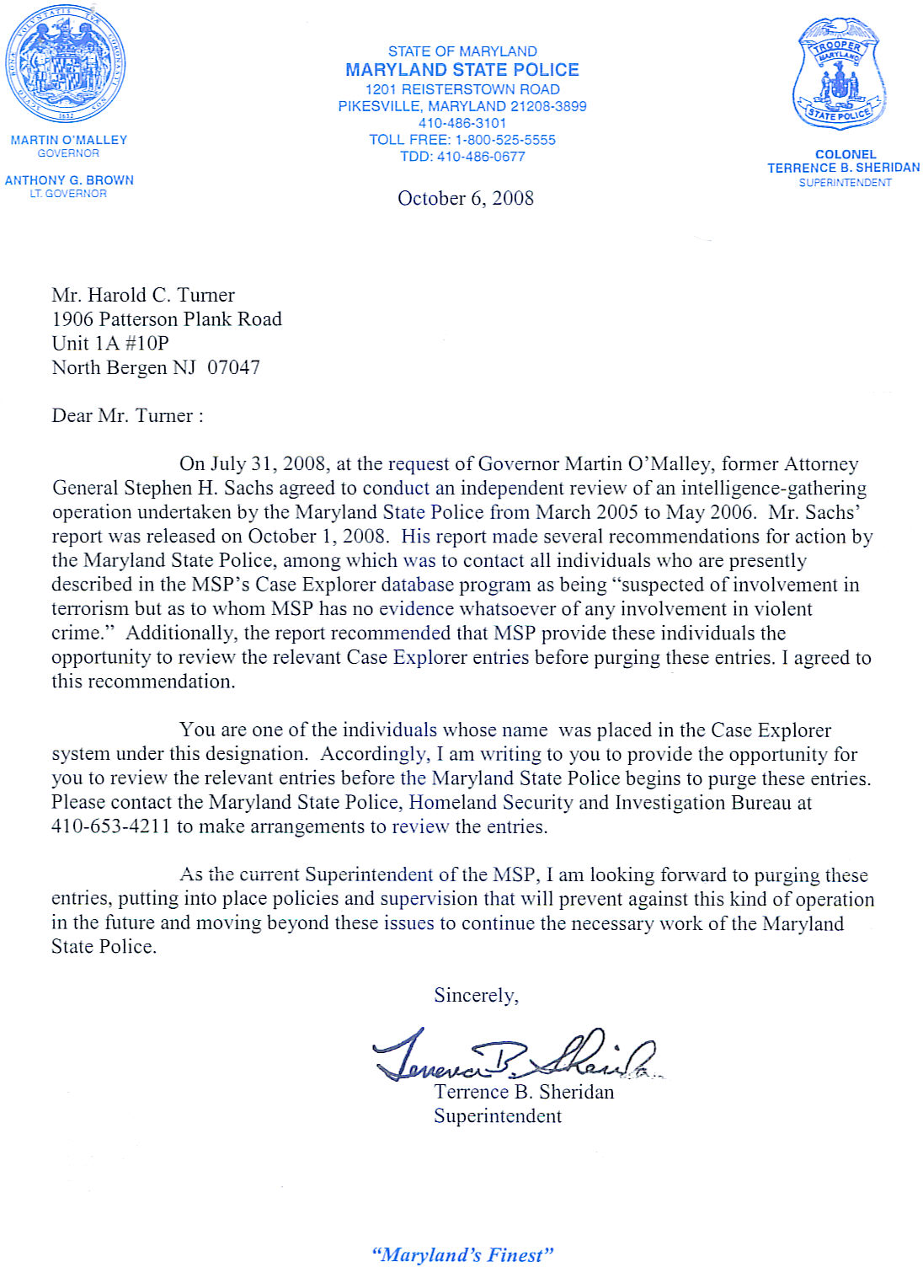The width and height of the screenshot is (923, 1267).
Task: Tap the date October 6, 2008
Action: (466, 199)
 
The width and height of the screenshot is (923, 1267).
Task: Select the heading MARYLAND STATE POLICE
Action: (462, 70)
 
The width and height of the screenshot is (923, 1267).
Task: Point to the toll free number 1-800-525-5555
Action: (505, 140)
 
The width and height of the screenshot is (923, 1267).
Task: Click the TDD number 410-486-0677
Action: (481, 157)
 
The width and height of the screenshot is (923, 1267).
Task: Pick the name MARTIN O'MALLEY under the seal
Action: (69, 140)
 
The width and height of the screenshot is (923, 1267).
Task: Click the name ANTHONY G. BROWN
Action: (69, 180)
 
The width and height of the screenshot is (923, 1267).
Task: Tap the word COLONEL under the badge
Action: (846, 154)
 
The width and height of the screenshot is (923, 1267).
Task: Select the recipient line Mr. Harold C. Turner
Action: (143, 296)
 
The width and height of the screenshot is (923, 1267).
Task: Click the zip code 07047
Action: (233, 368)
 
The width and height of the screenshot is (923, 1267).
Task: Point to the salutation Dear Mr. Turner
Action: (127, 416)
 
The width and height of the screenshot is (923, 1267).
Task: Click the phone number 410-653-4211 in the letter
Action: (110, 827)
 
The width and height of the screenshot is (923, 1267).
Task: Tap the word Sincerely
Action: (476, 996)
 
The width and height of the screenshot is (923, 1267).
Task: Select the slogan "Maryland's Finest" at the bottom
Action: (462, 1255)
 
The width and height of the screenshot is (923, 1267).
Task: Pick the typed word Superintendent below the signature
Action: (498, 1117)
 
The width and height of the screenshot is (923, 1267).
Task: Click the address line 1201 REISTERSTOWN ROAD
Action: (462, 89)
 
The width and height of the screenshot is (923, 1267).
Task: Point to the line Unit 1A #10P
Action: (110, 344)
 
